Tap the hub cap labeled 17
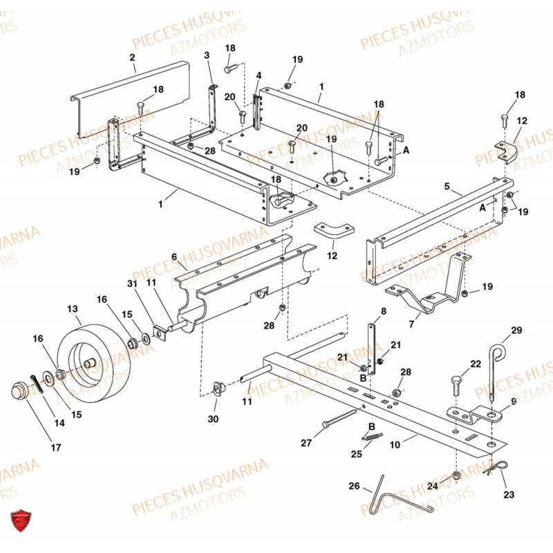(18, 391)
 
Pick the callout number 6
(174, 256)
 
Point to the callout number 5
(447, 186)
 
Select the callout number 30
(213, 418)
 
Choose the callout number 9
(513, 400)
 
